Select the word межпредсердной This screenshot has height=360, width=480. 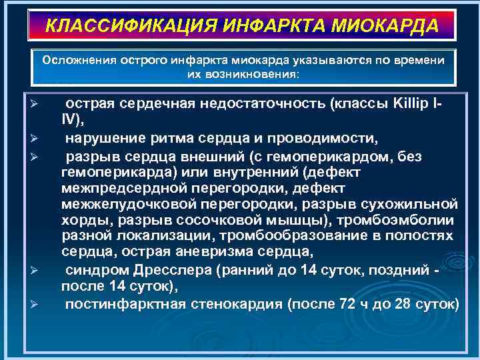pos(118,187)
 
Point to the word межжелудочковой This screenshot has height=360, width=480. pos(121,203)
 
